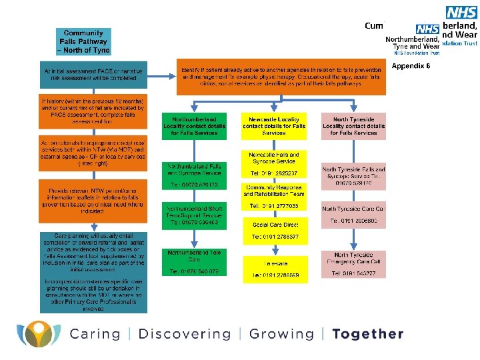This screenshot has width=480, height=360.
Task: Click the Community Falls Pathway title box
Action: (x=83, y=41)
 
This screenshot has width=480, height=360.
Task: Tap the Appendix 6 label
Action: (x=411, y=66)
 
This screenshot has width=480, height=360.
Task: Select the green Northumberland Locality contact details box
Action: (x=194, y=125)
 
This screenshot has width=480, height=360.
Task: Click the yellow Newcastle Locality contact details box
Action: (x=274, y=125)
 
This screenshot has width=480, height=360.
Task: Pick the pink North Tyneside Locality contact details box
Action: (x=353, y=125)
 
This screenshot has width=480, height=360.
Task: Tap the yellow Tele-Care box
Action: (x=274, y=269)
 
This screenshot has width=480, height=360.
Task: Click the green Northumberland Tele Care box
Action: (x=194, y=262)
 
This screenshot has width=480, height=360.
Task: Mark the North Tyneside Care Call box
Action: (x=353, y=215)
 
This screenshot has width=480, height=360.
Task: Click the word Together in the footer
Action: (x=368, y=334)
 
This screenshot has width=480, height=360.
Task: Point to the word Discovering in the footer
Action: (x=184, y=334)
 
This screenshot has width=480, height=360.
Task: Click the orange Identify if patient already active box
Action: (x=282, y=78)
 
